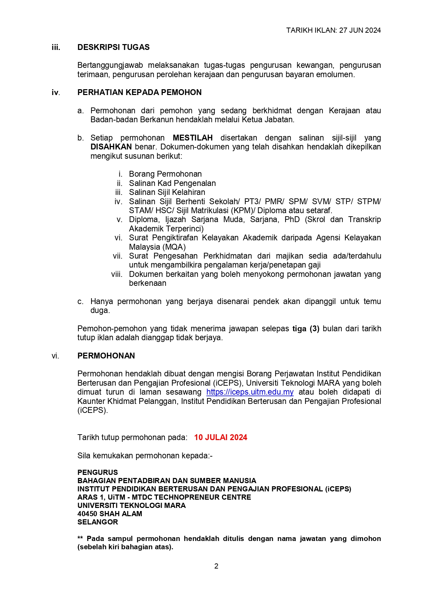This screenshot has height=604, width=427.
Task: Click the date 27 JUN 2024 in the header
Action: click(360, 30)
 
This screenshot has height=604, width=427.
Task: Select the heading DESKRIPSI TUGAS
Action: click(113, 48)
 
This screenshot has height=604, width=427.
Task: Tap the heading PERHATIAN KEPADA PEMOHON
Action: click(139, 93)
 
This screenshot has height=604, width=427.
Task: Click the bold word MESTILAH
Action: click(193, 138)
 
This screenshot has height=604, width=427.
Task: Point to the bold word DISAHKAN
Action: click(111, 147)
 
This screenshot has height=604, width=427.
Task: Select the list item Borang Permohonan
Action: click(165, 174)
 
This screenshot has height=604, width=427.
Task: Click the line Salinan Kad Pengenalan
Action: click(172, 184)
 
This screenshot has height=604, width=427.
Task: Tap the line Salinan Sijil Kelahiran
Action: click(167, 192)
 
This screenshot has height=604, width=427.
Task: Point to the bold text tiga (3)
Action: click(306, 329)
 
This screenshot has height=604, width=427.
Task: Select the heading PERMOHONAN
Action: click(106, 356)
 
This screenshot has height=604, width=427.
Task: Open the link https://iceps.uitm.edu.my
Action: click(250, 392)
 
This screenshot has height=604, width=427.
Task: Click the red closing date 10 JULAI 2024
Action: click(221, 438)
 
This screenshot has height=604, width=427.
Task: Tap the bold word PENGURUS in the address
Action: click(97, 472)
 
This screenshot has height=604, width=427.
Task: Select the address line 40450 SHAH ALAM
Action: click(109, 514)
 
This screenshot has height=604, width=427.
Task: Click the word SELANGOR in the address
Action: click(97, 522)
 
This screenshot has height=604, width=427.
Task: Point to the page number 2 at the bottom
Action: click(216, 566)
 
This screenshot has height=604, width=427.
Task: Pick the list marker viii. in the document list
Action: click(117, 274)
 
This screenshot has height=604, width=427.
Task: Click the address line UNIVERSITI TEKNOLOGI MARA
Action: click(131, 506)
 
